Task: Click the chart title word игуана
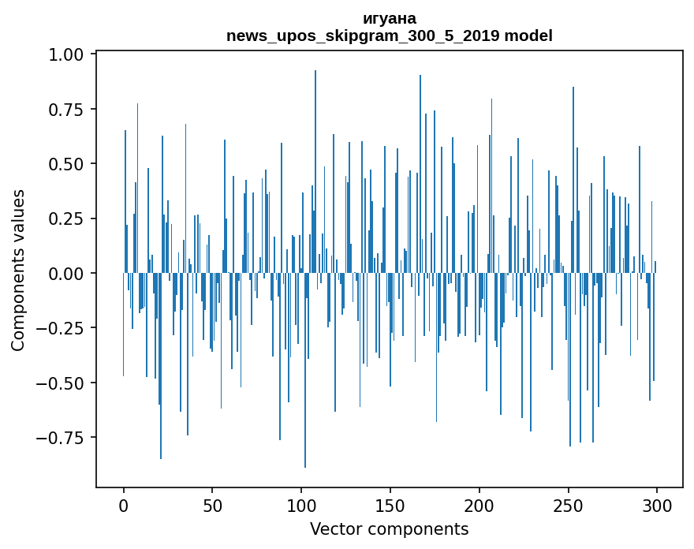pyautogui.click(x=389, y=18)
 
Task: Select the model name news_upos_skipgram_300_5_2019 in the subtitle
pyautogui.click(x=363, y=35)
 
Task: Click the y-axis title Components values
pyautogui.click(x=18, y=270)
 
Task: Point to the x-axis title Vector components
pyautogui.click(x=389, y=529)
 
